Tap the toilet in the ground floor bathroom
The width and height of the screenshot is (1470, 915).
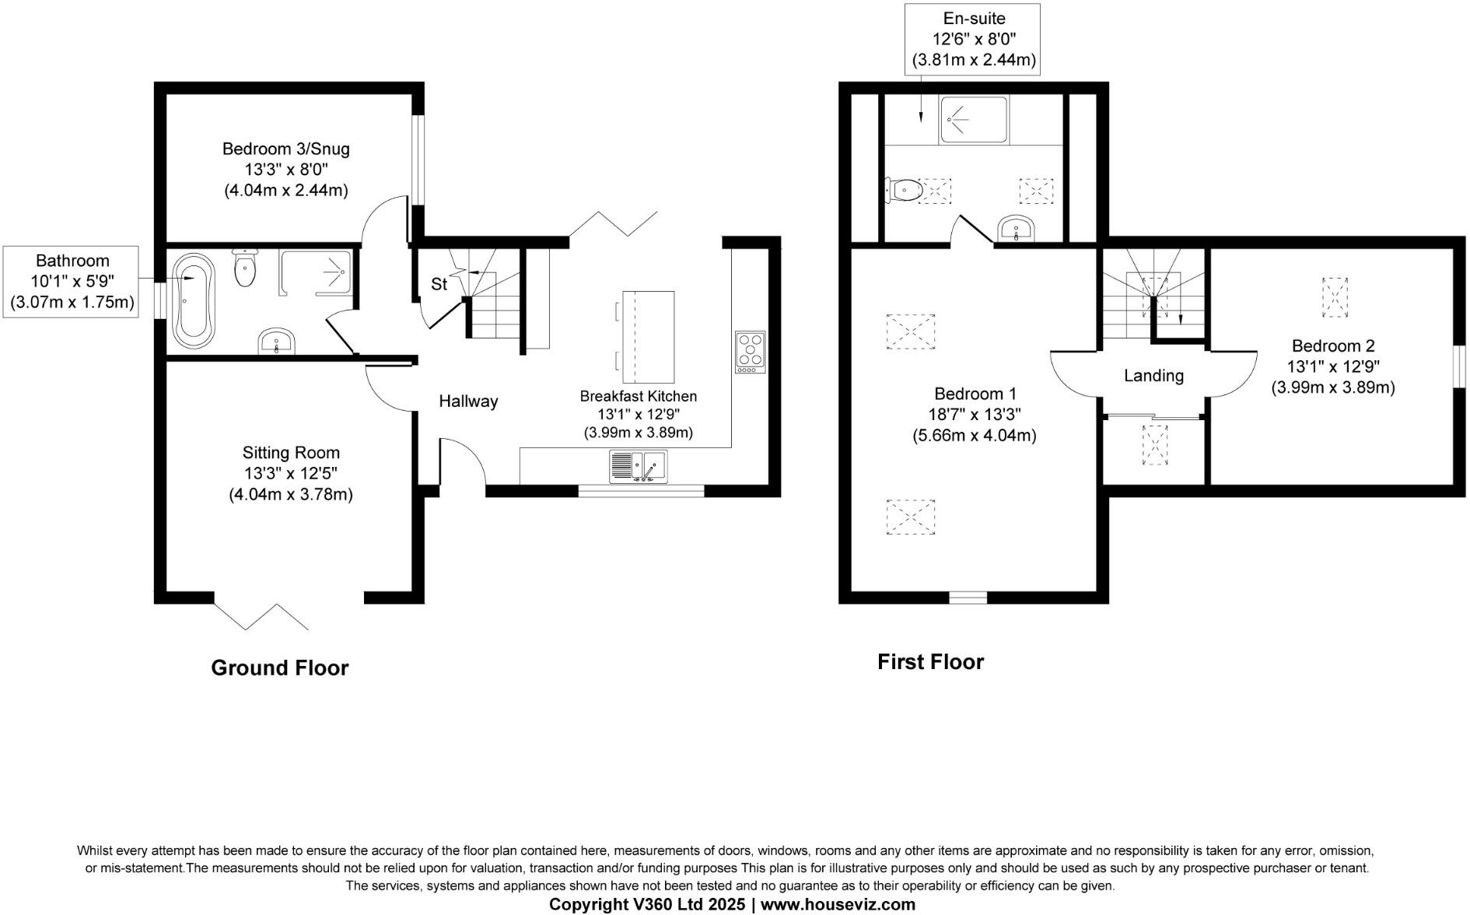point(245,268)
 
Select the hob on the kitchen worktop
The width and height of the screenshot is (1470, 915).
point(750,352)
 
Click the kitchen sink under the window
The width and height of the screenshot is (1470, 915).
point(638,467)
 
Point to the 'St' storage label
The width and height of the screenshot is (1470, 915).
point(439,285)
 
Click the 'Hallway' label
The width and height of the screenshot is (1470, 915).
point(468,401)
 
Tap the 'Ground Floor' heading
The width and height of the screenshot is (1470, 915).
point(279,668)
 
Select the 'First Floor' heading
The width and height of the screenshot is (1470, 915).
point(930,661)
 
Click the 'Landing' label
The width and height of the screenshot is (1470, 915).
point(1153,376)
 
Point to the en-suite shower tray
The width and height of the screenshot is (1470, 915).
point(973,119)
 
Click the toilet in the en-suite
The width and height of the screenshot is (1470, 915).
point(902,189)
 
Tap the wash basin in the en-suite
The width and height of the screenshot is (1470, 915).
point(1016,230)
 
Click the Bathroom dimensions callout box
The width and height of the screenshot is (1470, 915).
point(72,282)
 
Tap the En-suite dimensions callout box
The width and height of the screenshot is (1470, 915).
point(974,39)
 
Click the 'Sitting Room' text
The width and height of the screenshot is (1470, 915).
point(291,453)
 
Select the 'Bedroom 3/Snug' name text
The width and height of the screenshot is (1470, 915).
point(285,149)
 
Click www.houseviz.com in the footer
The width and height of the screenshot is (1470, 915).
point(838,904)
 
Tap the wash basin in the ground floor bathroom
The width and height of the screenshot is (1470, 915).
point(276,341)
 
